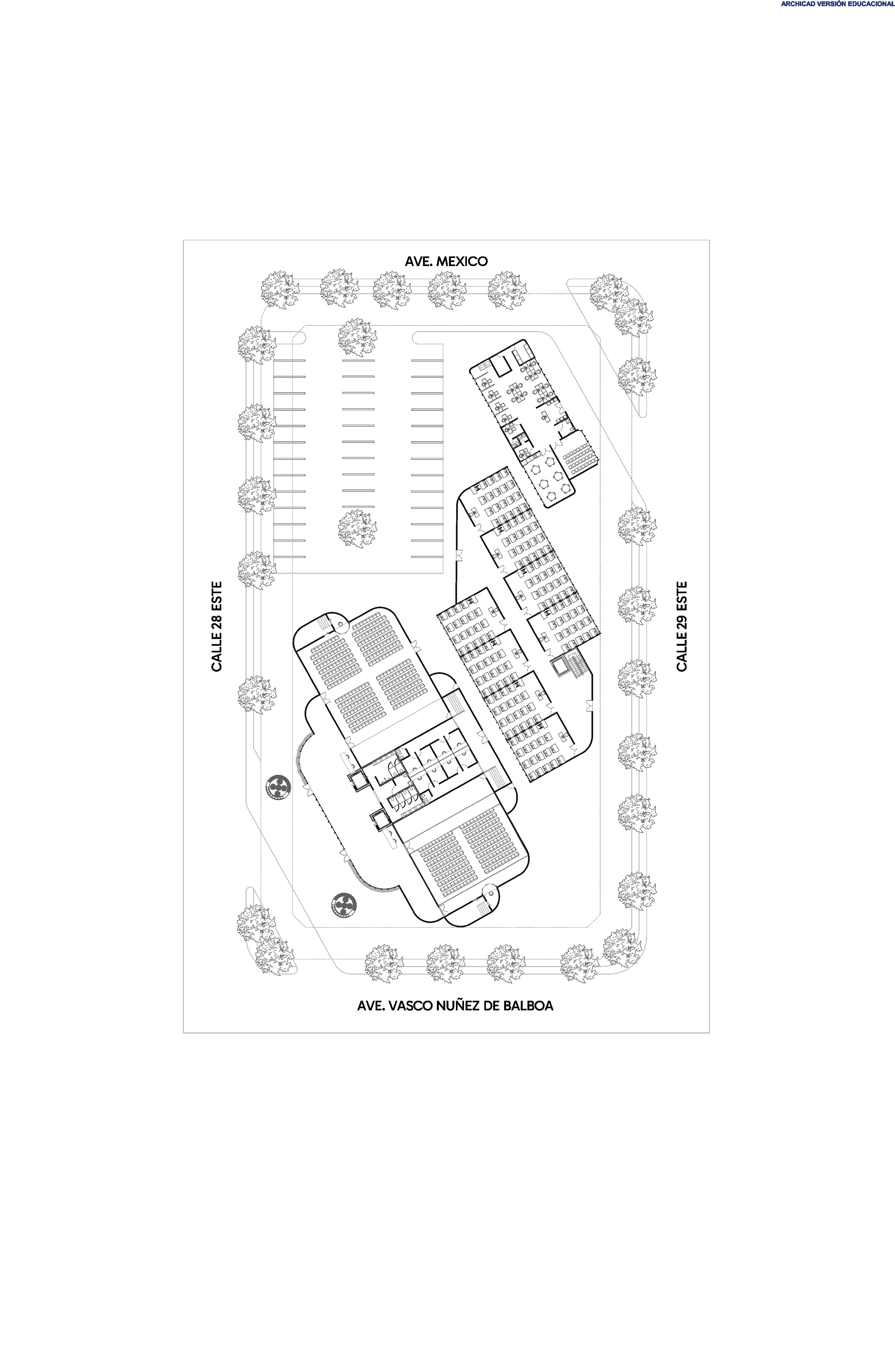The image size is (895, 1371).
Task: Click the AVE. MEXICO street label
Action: (x=446, y=261)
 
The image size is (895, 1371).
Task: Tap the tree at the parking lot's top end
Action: (x=357, y=337)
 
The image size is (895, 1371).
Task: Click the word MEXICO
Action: (x=462, y=261)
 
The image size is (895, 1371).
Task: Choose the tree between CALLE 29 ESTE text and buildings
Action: (x=636, y=605)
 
